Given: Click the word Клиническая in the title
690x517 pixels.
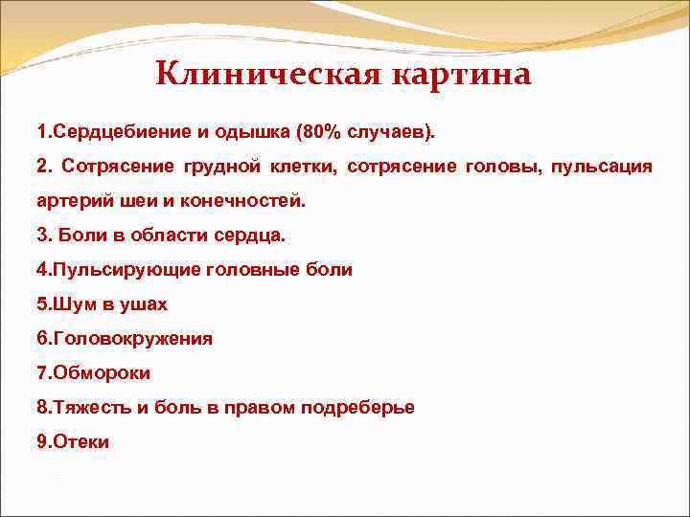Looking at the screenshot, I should (254, 73).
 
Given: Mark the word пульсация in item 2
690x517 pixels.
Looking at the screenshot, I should (602, 167).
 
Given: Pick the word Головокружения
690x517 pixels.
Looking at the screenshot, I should (133, 339).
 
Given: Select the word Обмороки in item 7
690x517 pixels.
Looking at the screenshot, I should (101, 373).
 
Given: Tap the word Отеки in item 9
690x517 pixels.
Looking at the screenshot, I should (81, 441).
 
